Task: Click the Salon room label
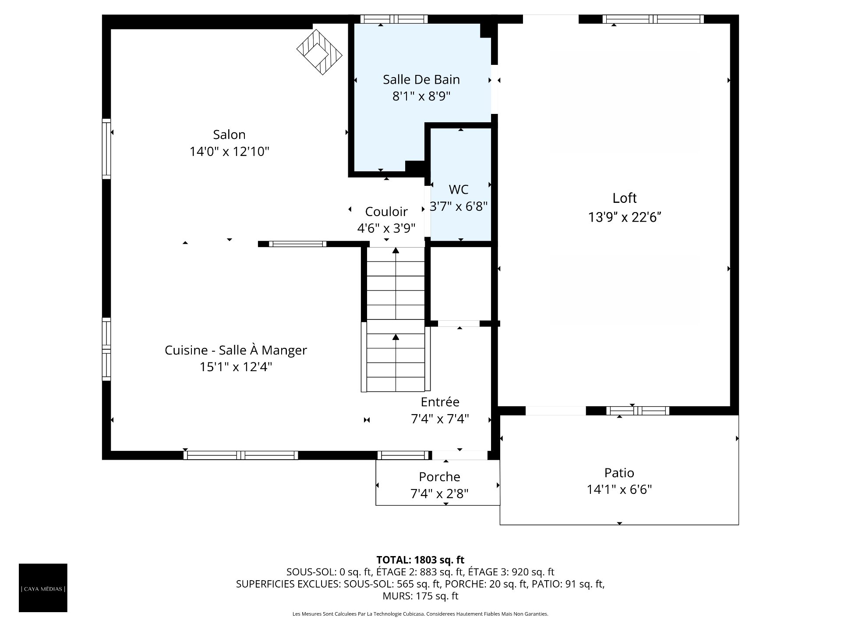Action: [229, 135]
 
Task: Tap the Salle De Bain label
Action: [421, 79]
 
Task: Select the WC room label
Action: [459, 189]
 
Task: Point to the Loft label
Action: [625, 198]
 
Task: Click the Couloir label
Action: [386, 212]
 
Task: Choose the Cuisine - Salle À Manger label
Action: [236, 350]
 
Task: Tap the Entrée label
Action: [440, 402]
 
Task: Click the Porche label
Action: [439, 477]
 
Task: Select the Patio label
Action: [619, 473]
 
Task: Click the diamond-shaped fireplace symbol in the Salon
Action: [319, 52]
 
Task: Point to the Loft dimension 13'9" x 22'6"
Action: [625, 217]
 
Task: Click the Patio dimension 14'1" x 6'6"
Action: [619, 489]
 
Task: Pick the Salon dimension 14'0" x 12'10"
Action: [229, 152]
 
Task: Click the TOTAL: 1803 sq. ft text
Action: [420, 560]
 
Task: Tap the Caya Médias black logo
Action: [43, 588]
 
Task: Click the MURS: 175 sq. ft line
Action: [420, 596]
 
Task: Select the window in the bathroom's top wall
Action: [394, 19]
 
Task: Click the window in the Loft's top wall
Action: [653, 19]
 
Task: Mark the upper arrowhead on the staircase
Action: [396, 250]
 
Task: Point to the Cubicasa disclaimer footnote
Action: [420, 614]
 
